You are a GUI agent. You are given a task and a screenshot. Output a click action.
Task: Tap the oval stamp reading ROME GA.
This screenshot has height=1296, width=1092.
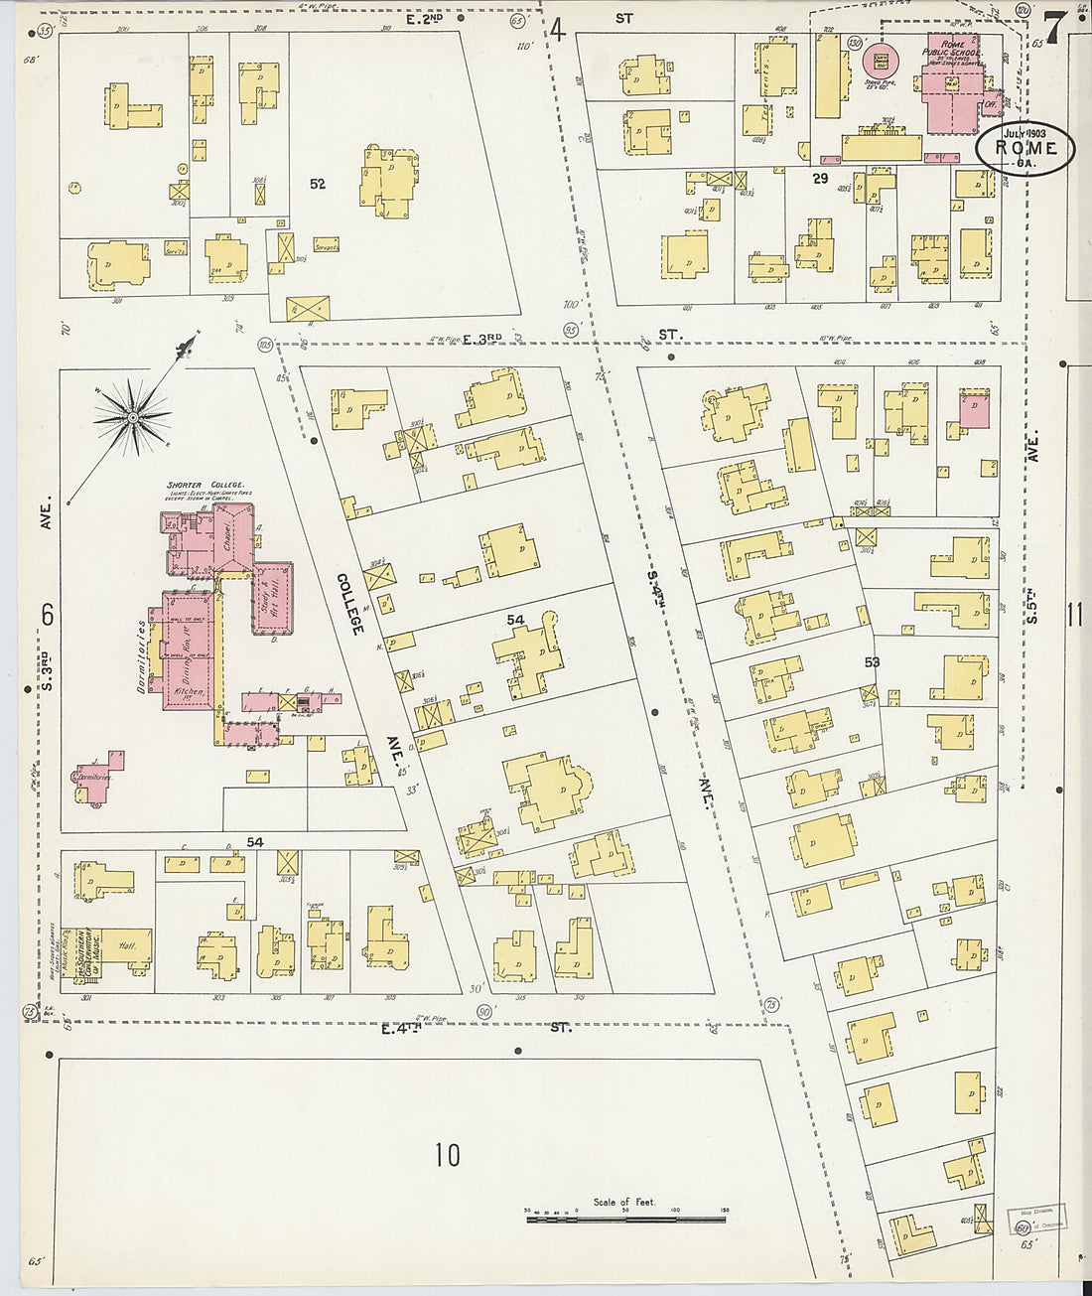[1024, 149]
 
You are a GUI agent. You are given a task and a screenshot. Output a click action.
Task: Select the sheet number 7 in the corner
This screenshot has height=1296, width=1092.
[1055, 27]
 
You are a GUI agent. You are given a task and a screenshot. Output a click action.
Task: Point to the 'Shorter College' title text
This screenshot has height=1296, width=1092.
[199, 486]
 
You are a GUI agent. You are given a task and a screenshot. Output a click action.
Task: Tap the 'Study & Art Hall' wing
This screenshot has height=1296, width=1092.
[273, 596]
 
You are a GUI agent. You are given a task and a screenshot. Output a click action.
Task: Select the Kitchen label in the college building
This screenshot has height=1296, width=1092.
[189, 691]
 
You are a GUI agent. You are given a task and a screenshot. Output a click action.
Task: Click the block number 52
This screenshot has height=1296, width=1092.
[318, 184]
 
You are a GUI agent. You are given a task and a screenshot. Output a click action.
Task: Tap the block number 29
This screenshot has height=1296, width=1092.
[820, 179]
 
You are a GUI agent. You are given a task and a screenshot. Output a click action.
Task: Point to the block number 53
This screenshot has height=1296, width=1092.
[872, 661]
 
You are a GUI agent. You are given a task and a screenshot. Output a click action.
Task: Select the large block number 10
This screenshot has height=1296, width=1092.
[447, 1155]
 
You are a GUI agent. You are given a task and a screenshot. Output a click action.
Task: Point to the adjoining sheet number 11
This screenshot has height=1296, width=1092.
[1074, 616]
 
